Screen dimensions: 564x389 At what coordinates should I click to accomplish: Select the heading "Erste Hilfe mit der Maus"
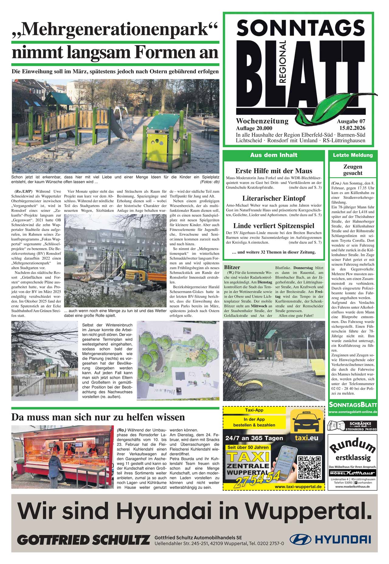pos(274,171)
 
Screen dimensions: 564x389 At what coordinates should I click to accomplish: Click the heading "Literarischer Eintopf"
pos(274,198)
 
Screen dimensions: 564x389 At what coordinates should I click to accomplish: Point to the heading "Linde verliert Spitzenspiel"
pos(274,226)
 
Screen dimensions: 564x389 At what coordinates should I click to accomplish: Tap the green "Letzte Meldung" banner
pos(353,155)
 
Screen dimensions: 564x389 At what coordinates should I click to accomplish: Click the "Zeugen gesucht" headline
pos(353,170)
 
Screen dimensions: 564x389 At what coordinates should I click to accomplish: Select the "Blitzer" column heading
pos(232,267)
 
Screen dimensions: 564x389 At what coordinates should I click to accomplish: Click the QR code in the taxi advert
pos(309,467)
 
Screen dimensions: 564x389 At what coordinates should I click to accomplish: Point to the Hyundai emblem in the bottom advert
pos(300,539)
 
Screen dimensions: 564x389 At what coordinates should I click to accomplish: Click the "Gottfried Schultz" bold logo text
pos(84,540)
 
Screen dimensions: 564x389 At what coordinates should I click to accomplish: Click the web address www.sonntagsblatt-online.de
pos(353,412)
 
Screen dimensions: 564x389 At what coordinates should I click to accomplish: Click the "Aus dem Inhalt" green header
pos(274,155)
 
